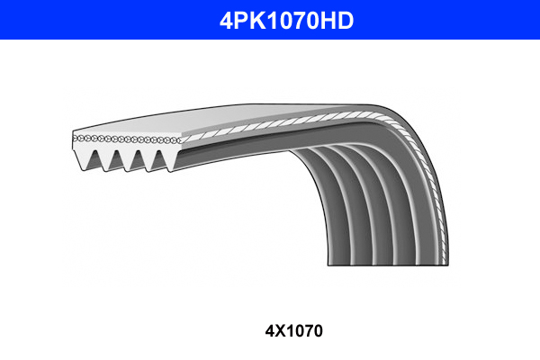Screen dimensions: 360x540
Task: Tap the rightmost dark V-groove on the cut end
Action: (x=162, y=158)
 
